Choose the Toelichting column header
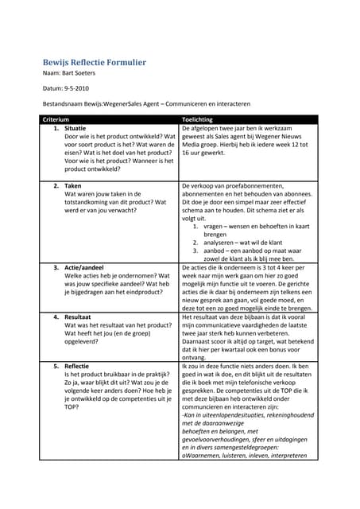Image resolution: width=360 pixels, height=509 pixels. [x=199, y=119]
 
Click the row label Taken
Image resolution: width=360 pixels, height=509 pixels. [x=73, y=185]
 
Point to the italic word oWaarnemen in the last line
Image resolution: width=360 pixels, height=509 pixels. [x=204, y=456]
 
